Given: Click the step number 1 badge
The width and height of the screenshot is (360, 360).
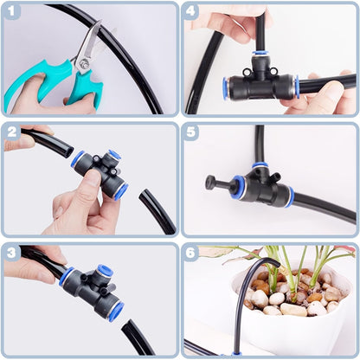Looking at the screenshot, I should click(12, 13).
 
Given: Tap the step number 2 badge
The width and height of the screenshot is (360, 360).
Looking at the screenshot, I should click(12, 132).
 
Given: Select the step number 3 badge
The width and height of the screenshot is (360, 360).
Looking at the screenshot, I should click(12, 253).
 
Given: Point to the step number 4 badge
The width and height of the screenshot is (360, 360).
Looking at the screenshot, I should click(192, 13).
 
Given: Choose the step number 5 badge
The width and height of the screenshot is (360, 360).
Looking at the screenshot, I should click(192, 132).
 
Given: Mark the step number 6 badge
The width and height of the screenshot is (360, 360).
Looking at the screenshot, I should click(192, 253).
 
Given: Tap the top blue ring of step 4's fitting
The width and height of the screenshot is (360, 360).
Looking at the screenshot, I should click(260, 55).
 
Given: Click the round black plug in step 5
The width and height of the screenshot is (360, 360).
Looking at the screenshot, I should click(210, 183).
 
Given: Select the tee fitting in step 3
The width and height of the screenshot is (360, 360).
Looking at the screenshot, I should click(92, 289).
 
